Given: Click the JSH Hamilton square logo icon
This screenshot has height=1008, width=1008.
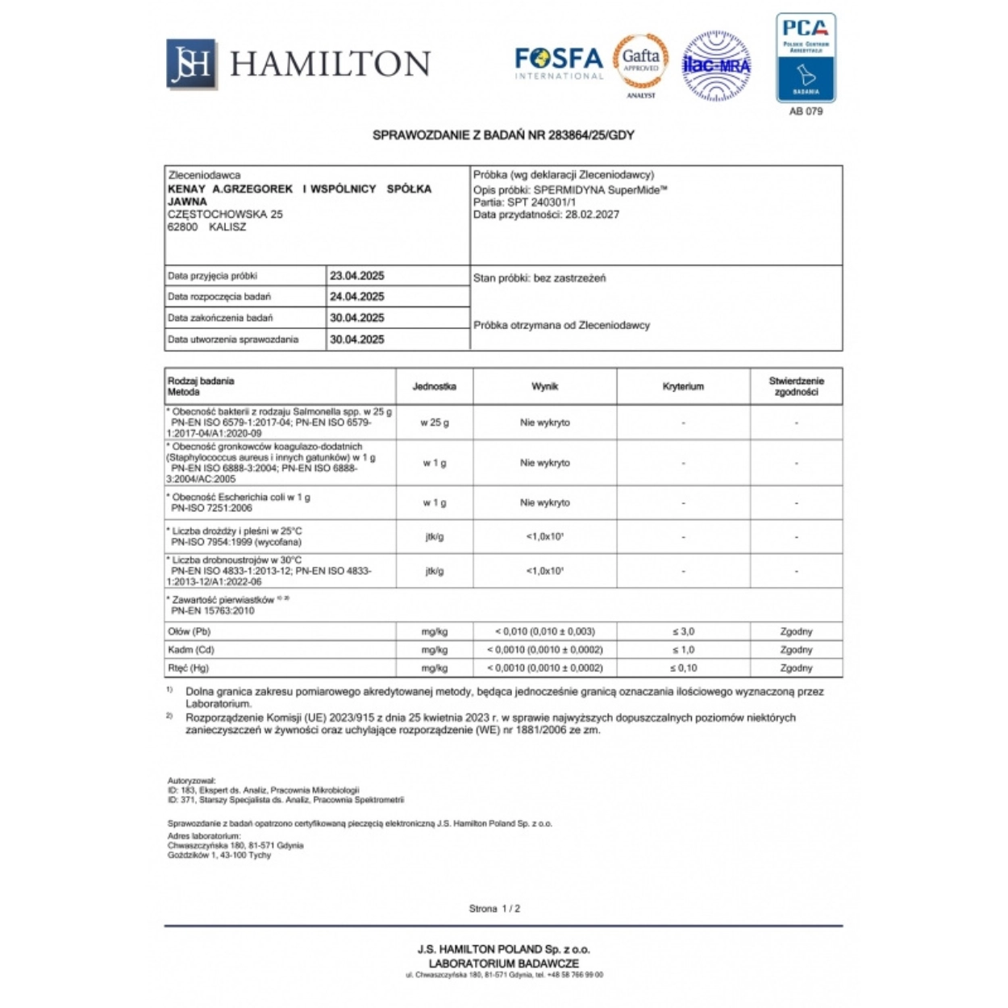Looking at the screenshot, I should [191, 63].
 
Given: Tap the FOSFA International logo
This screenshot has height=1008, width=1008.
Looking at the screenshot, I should [559, 63].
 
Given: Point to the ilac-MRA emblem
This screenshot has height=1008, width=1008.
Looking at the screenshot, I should [716, 65].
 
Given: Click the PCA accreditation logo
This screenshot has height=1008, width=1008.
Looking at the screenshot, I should [806, 58].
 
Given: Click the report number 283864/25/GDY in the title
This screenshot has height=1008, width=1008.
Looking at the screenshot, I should [591, 135].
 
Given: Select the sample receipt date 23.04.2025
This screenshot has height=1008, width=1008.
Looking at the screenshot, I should [357, 276].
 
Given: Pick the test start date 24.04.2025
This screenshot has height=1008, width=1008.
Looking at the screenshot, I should [357, 297].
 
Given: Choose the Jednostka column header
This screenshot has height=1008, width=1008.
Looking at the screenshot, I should [435, 386].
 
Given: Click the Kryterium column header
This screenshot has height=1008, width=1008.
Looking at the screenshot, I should [683, 386].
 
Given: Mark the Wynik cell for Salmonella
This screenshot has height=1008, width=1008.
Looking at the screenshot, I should [545, 423].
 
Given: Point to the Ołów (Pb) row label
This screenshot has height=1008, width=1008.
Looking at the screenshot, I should [190, 631].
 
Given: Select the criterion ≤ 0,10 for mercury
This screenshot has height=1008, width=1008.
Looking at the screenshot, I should [683, 668].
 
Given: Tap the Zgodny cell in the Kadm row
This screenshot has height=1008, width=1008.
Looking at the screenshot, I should [796, 650].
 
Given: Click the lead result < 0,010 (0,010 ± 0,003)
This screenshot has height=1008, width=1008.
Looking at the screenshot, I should [545, 631].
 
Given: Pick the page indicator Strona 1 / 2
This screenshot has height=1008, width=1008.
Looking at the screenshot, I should [494, 909].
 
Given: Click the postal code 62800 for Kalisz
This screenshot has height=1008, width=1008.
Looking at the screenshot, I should [182, 227].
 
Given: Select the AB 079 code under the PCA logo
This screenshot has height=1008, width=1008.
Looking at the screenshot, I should [806, 111].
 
